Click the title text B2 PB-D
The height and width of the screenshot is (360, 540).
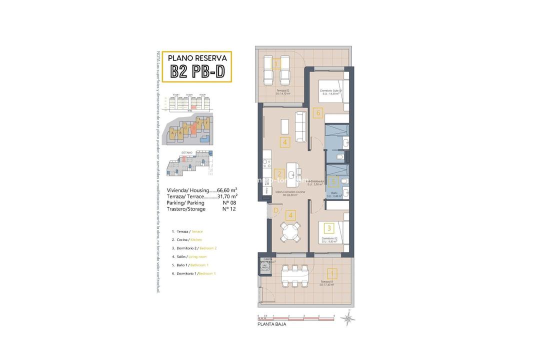(197, 71)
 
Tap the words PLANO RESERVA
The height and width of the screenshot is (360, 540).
(197, 57)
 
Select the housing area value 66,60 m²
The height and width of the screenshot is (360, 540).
(226, 190)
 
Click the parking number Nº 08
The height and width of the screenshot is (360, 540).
(228, 202)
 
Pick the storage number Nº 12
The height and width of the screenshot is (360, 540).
(228, 209)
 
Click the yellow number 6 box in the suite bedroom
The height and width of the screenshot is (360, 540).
(318, 113)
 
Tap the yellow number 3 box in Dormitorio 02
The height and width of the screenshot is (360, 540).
(328, 228)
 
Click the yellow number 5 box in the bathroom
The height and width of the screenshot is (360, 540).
(333, 182)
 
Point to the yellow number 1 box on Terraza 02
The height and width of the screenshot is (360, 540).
(275, 64)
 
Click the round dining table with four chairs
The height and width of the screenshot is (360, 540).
(290, 232)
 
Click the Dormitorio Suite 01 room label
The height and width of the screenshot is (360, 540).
(330, 90)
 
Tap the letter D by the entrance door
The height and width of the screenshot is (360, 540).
(275, 211)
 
